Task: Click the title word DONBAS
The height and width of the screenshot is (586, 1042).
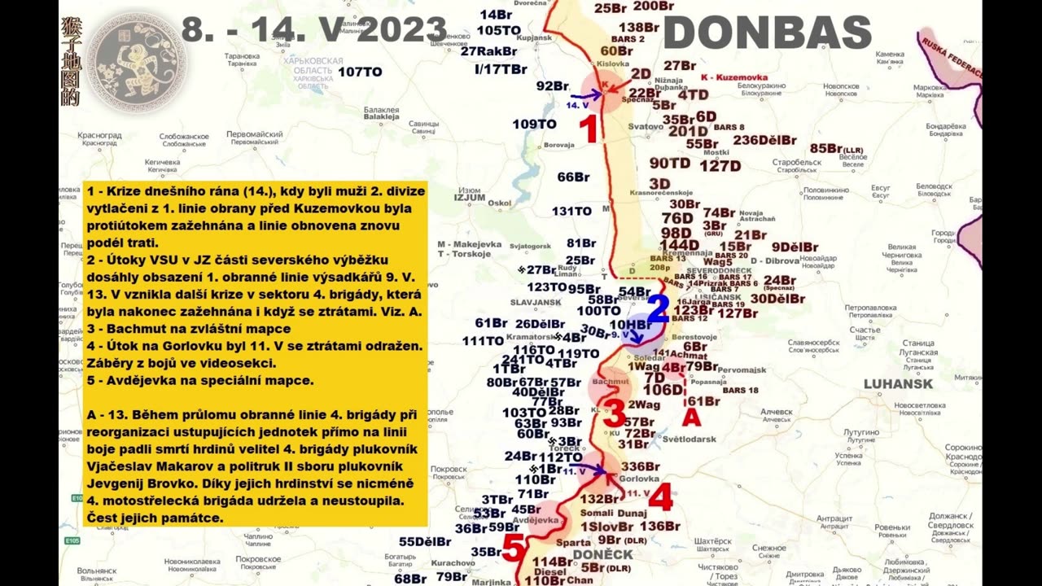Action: (768, 33)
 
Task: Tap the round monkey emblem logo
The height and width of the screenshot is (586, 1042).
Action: (136, 61)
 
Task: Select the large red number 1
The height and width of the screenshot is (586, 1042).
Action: (589, 129)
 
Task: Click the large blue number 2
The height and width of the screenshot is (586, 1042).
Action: (658, 308)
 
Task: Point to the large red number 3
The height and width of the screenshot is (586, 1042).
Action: (614, 413)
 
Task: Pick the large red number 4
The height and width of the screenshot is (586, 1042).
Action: (659, 496)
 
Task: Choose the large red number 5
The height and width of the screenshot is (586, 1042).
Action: (513, 548)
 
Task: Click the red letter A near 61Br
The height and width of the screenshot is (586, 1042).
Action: (690, 418)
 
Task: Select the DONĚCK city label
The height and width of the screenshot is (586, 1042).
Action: (602, 554)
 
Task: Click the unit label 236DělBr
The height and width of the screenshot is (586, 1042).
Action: (764, 140)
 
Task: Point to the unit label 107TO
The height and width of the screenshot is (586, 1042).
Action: (360, 72)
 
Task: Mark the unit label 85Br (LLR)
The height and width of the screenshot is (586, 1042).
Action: (836, 148)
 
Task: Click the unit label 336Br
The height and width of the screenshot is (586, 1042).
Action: (640, 466)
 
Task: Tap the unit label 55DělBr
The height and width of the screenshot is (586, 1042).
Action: (425, 541)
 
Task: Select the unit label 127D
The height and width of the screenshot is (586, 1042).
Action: (720, 166)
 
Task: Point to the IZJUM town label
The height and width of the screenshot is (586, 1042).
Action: (470, 196)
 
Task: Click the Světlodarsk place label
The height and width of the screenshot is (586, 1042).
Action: (689, 439)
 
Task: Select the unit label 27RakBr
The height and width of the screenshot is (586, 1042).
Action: (488, 50)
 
